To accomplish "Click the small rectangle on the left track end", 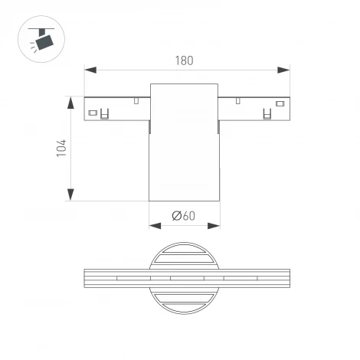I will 93,114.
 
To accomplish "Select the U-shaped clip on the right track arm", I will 267,115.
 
